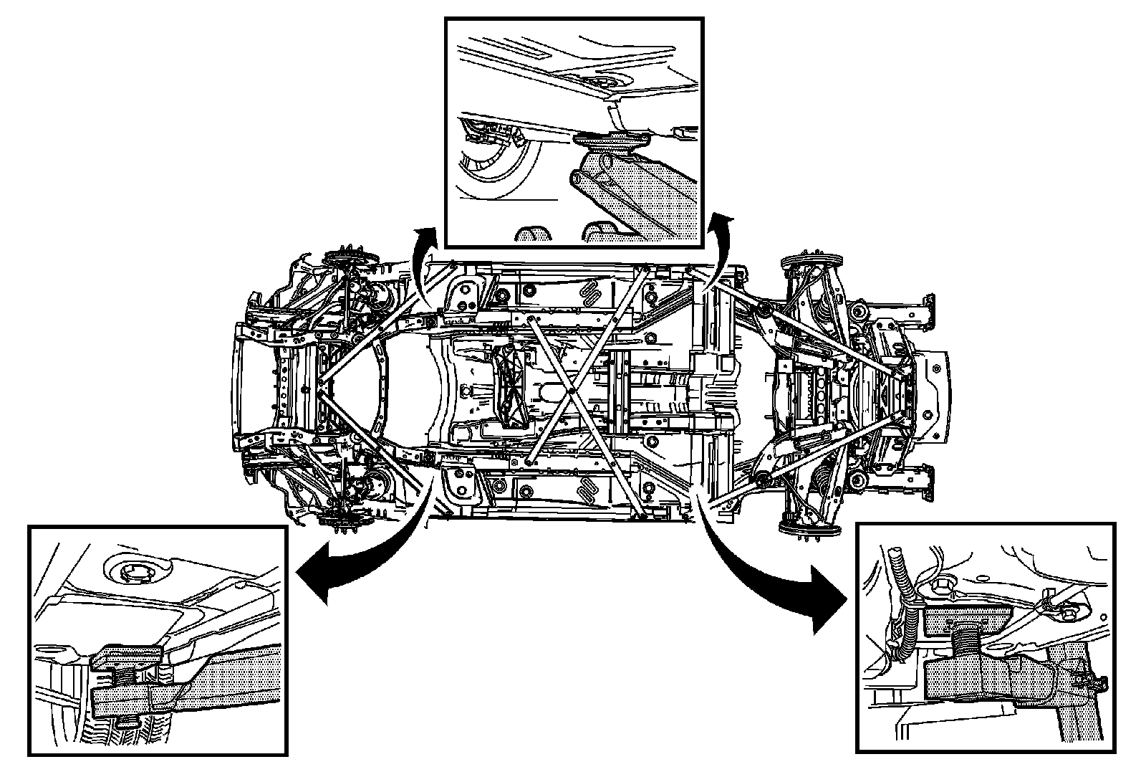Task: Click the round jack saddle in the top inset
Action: pos(611,138)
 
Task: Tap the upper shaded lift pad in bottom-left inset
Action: pos(129,655)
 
